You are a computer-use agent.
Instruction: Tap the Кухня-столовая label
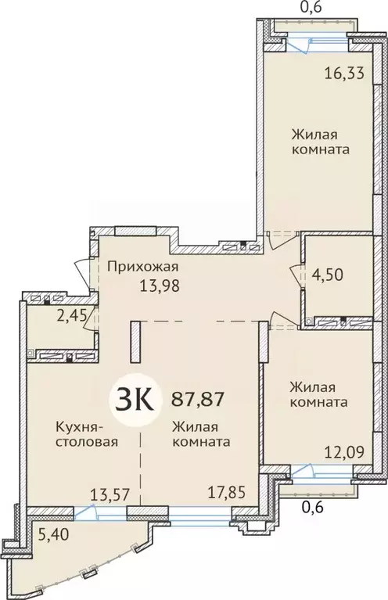pos(85,433)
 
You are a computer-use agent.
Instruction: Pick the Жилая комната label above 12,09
pos(318,394)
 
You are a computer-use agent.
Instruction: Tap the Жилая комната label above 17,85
pos(200,433)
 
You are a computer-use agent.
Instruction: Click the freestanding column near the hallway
pos(135,341)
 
